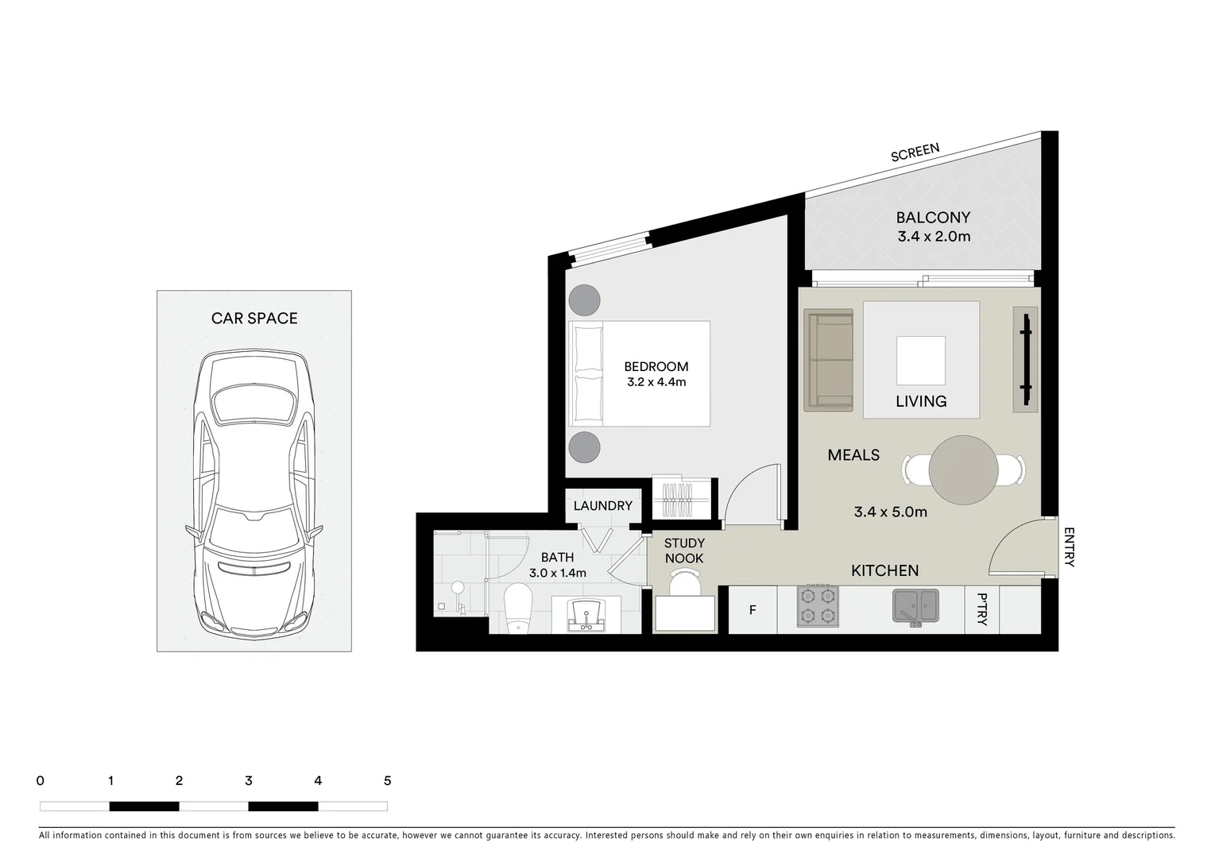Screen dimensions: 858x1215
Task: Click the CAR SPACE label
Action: tap(254, 319)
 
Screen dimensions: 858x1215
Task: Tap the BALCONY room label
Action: tap(933, 218)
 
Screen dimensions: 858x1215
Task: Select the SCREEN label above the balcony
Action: tap(915, 153)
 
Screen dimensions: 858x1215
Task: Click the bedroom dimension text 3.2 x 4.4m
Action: tap(656, 382)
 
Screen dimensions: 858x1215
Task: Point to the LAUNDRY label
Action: tap(602, 506)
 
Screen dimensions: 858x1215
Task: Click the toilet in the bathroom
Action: tap(518, 608)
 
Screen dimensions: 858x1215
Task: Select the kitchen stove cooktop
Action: tap(818, 606)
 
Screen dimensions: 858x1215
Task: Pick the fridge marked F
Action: tap(752, 611)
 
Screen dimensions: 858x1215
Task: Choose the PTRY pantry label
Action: tap(982, 609)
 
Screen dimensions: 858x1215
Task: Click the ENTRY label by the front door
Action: tap(1069, 547)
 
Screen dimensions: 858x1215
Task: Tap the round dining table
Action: tap(963, 470)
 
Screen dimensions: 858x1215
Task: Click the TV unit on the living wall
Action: tap(1025, 359)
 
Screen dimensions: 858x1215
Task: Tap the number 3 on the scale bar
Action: tap(249, 781)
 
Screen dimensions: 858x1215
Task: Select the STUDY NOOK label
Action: tap(684, 551)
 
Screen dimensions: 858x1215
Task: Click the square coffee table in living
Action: tap(921, 360)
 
